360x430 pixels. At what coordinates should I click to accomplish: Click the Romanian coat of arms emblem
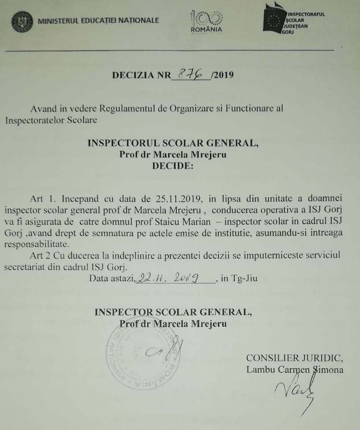(22, 22)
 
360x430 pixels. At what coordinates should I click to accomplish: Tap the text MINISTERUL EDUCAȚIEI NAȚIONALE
(99, 21)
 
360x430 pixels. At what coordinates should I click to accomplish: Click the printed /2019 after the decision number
(222, 75)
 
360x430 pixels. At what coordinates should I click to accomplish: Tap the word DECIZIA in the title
(132, 75)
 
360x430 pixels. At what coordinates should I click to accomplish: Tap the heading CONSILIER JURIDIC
(295, 358)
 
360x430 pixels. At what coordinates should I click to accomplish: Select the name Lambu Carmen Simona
(295, 370)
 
